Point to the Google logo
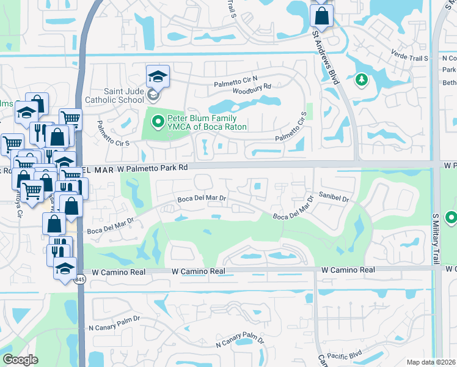[x=20, y=360]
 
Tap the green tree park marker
[x=362, y=79]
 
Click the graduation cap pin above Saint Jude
[x=158, y=76]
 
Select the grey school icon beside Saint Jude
[x=153, y=95]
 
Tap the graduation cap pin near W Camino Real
[x=64, y=268]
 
